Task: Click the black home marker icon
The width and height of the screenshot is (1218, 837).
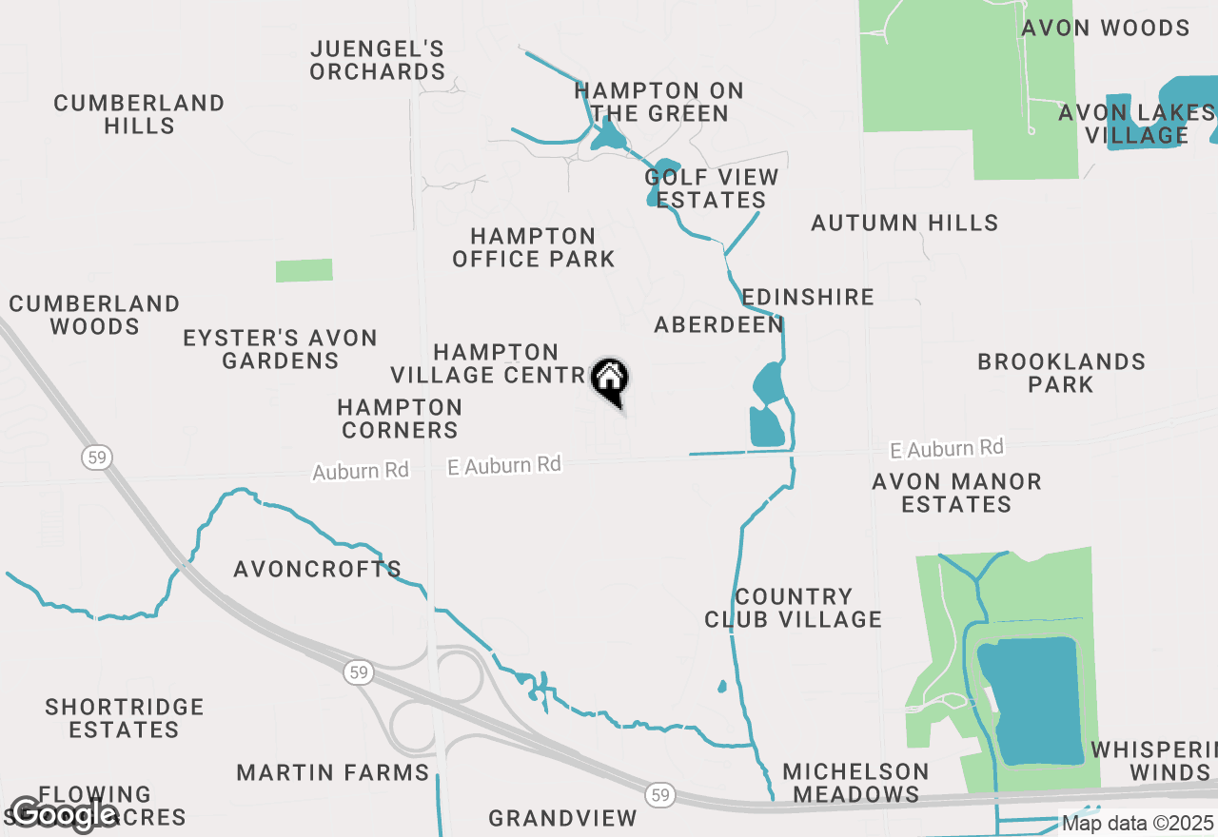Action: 610,380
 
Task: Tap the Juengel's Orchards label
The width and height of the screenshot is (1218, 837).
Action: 378,60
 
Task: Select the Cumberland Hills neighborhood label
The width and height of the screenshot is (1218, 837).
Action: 139,114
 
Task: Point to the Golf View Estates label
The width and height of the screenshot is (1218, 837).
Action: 712,188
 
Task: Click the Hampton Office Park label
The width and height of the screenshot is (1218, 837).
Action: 534,247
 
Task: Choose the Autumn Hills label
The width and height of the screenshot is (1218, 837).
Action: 904,223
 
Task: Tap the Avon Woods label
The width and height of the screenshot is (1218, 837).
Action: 1106,28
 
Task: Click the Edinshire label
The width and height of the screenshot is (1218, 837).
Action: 808,297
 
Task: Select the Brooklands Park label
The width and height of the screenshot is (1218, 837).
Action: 1061,373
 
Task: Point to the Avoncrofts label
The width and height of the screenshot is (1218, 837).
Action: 318,569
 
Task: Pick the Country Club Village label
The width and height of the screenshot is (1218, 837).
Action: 794,608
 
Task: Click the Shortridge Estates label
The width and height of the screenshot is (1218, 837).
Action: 125,718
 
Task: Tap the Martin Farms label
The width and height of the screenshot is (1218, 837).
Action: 333,772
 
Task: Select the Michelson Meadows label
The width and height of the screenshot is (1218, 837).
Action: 855,782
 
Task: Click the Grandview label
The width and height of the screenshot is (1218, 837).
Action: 562,817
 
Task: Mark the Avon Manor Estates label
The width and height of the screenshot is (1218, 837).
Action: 956,493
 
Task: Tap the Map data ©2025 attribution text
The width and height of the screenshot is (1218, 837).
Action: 1137,823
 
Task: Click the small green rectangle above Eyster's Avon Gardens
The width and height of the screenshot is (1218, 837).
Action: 304,270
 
